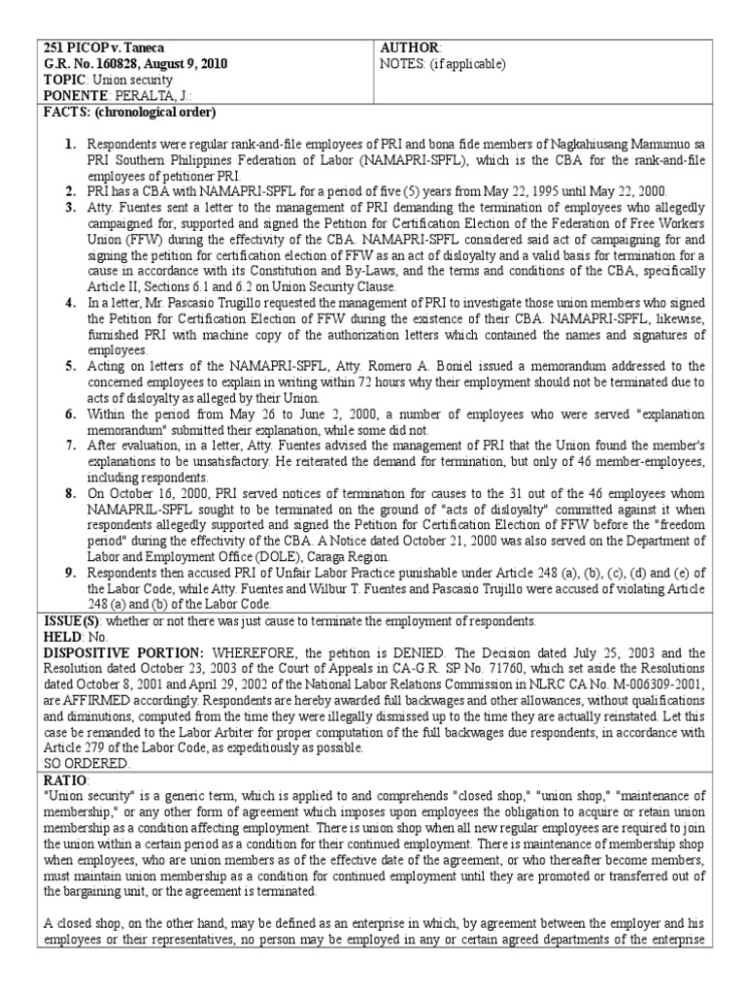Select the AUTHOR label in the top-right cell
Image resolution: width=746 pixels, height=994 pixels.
410,49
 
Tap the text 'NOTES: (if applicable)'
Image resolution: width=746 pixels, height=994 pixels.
442,64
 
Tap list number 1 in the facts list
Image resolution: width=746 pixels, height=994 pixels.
70,144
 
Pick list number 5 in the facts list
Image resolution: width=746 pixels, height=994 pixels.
70,366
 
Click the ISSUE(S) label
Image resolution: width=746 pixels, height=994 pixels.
75,620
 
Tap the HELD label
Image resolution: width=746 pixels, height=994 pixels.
64,636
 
